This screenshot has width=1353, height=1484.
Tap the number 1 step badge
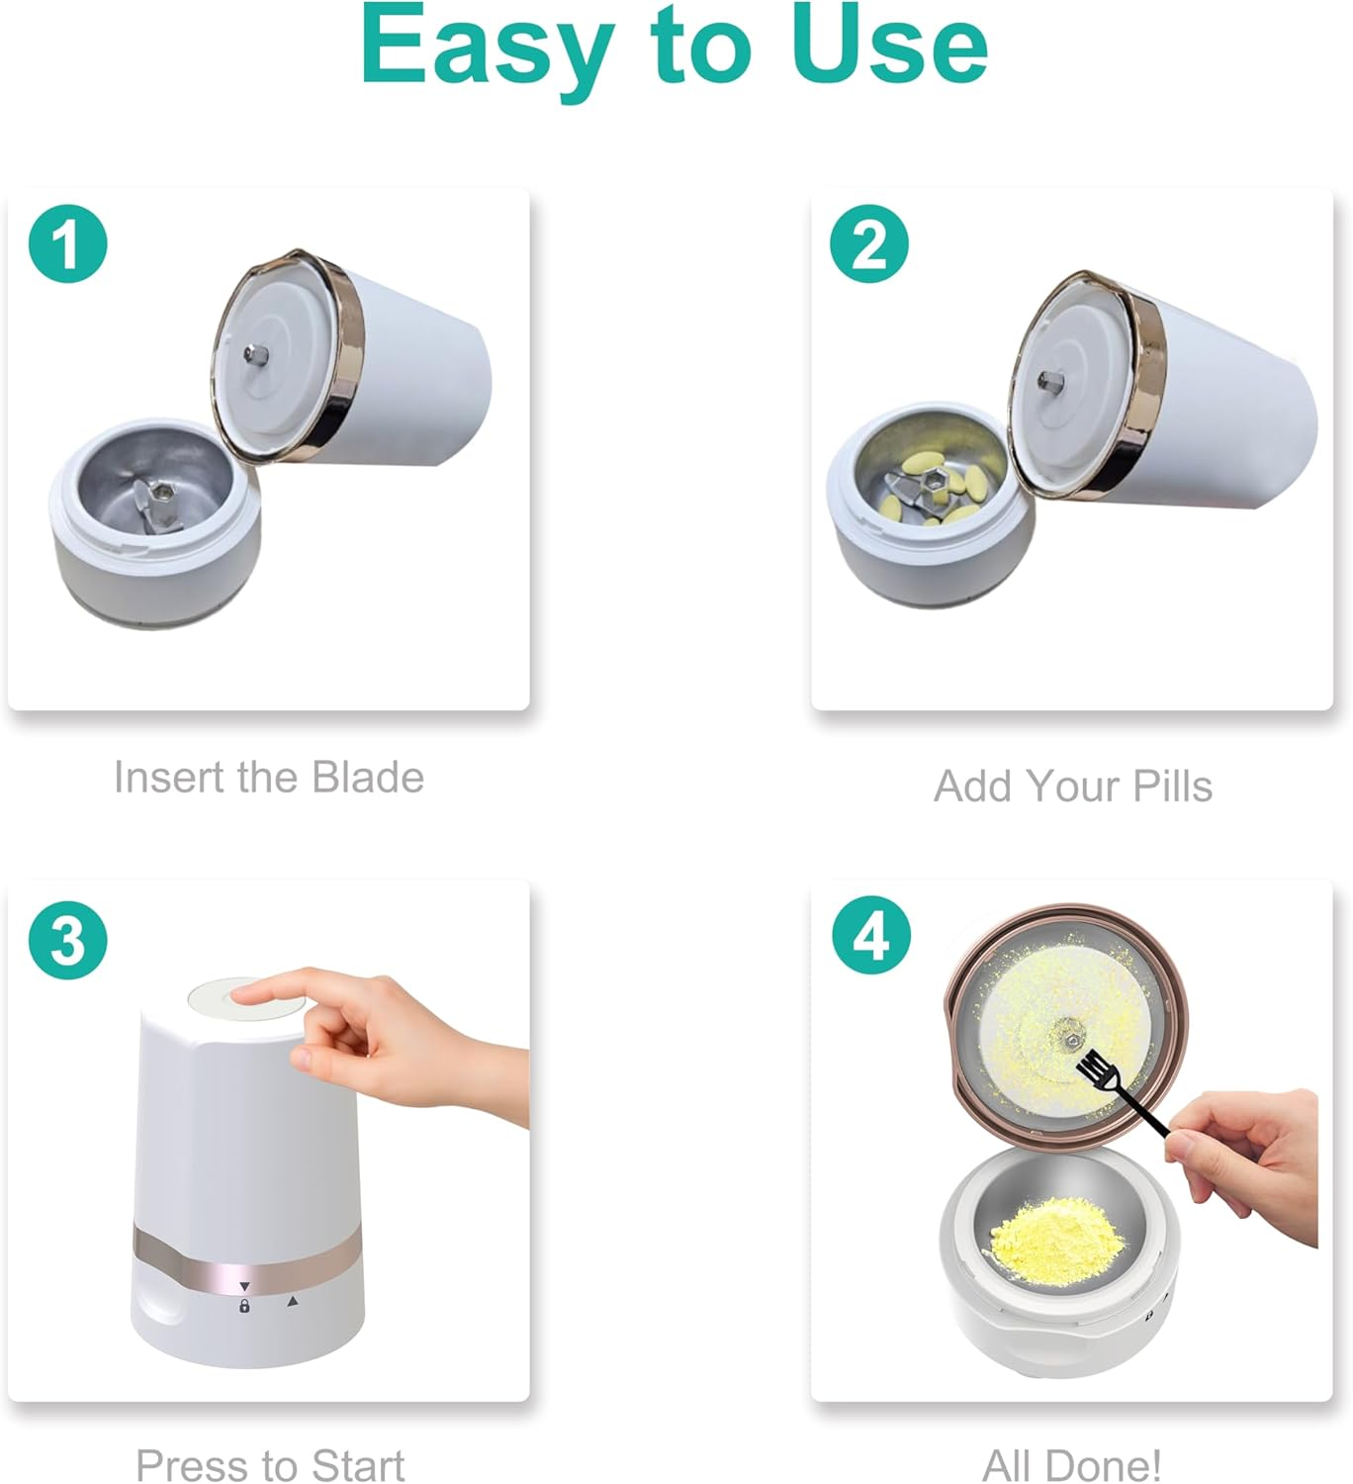[67, 243]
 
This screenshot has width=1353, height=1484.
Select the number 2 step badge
[869, 243]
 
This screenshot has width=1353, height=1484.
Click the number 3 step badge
[67, 940]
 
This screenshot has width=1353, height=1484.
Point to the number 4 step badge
[870, 936]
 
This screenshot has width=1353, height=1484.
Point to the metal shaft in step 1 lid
[253, 352]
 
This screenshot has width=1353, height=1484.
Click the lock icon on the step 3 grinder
[244, 1306]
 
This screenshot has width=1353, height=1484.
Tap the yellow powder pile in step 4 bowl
[1055, 1233]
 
